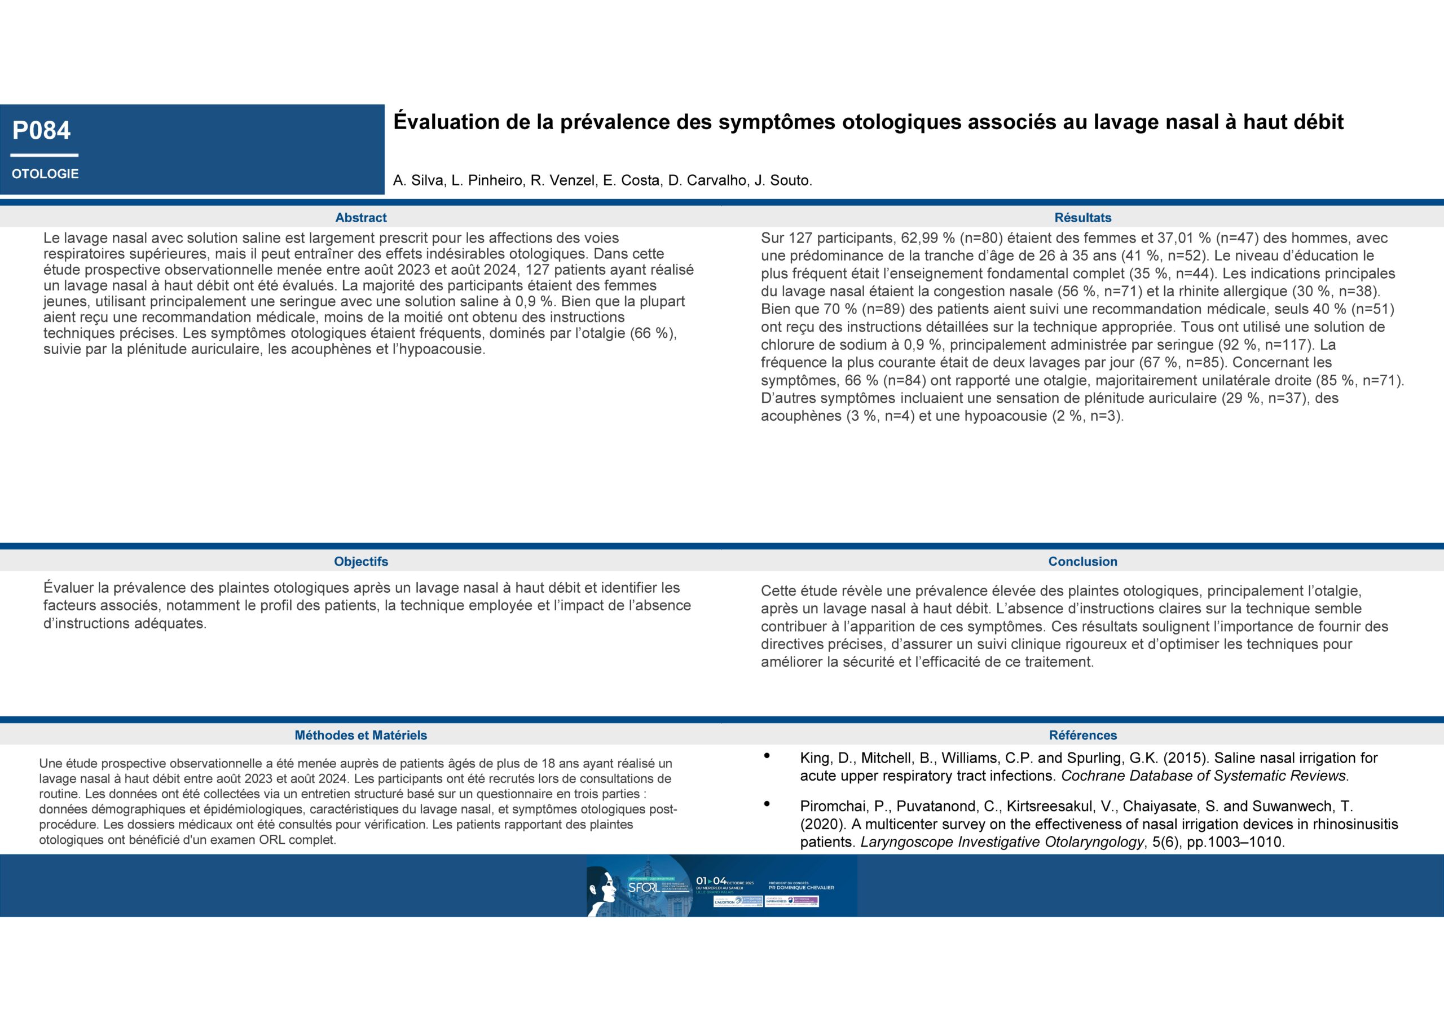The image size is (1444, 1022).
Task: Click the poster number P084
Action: click(x=42, y=130)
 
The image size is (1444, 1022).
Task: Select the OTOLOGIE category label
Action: click(x=45, y=174)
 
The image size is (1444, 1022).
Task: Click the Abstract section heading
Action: click(x=360, y=218)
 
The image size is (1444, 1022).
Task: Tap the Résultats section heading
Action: click(x=1082, y=218)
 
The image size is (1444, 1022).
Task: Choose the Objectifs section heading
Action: click(x=360, y=561)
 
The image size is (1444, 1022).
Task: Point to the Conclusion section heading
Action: click(x=1082, y=561)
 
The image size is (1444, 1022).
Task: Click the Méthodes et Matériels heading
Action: click(x=360, y=735)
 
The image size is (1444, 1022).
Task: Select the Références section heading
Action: click(x=1082, y=735)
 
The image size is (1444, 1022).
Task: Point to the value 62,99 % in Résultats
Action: click(x=924, y=239)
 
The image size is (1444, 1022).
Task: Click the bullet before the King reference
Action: click(x=767, y=756)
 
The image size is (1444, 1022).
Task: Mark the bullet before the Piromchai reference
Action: click(x=767, y=804)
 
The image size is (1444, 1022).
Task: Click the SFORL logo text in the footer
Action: click(x=644, y=887)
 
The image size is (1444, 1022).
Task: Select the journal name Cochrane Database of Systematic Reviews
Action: click(x=1204, y=776)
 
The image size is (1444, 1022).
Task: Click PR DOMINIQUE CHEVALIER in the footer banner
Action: click(x=801, y=888)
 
